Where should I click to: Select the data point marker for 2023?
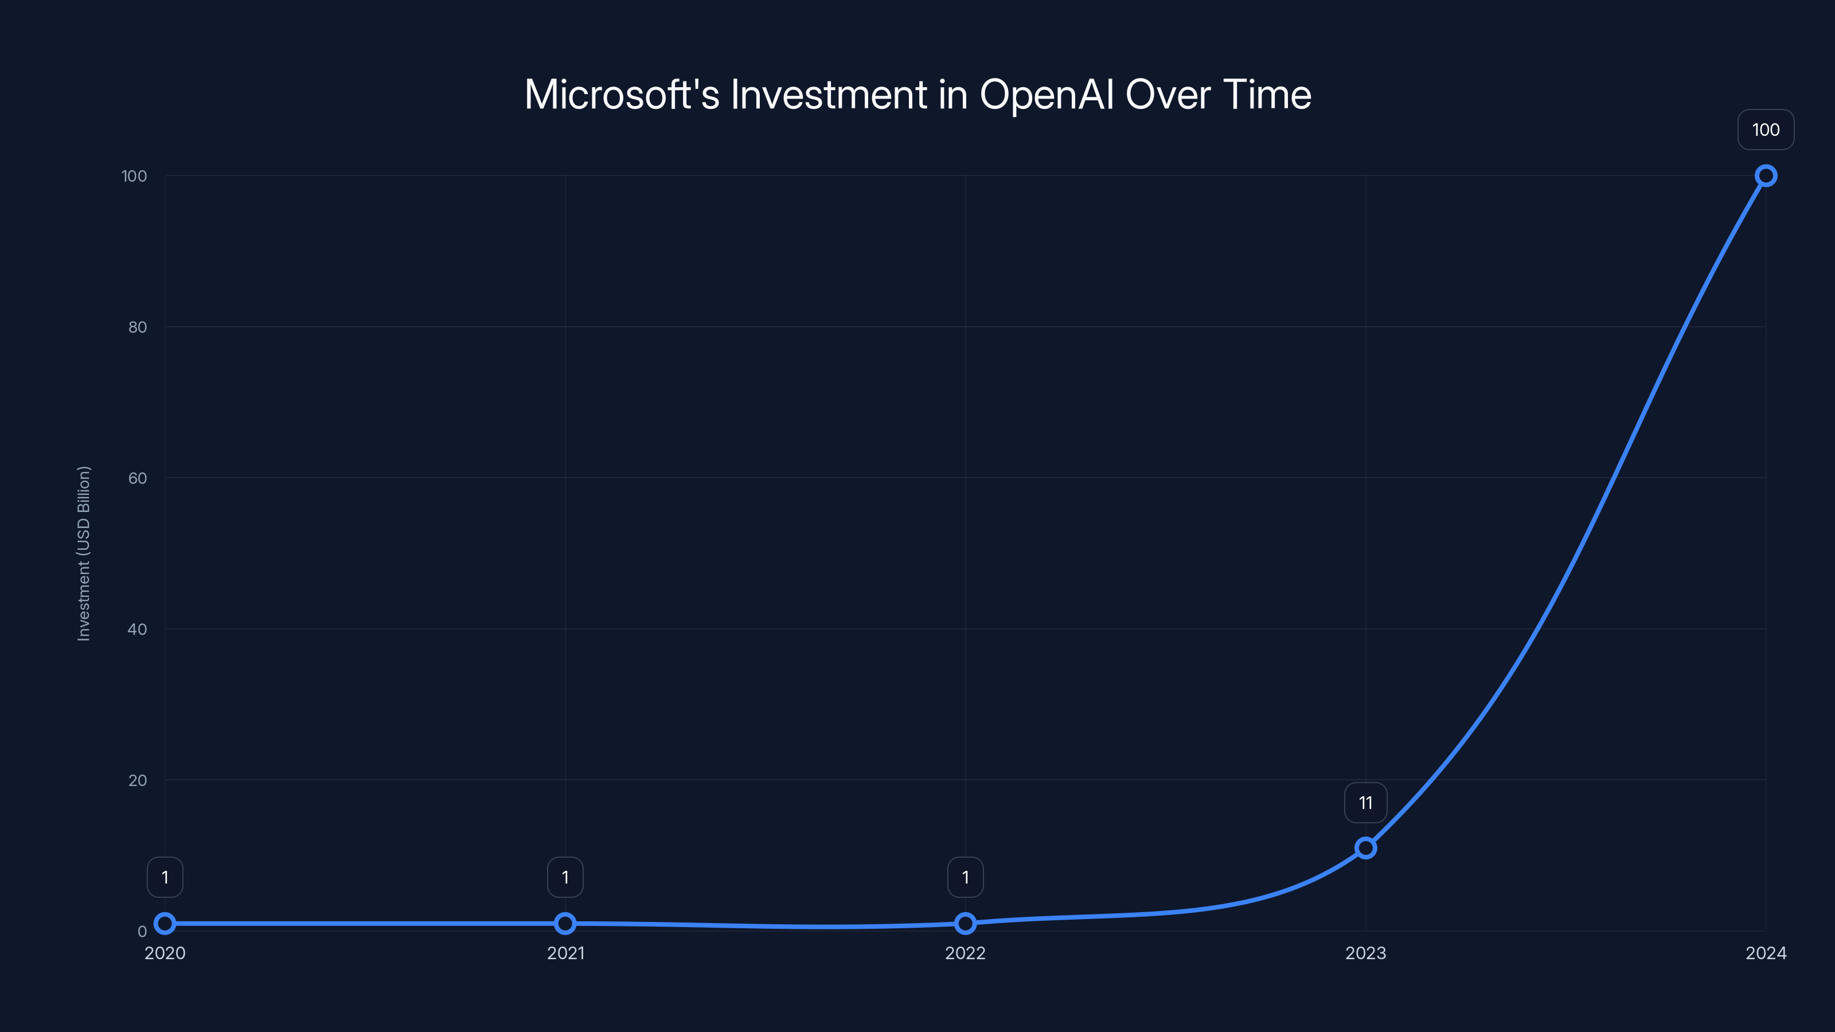(1365, 847)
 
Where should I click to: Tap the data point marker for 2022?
(965, 924)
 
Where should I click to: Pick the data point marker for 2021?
(565, 924)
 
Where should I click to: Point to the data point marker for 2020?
(165, 924)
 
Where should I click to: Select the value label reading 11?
(1365, 803)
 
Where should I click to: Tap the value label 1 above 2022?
(965, 877)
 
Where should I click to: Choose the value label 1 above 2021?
(565, 877)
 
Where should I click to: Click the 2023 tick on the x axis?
(1365, 953)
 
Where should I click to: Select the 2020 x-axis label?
(165, 953)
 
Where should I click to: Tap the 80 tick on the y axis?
(138, 327)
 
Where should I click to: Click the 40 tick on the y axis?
(138, 629)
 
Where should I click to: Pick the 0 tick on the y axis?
(142, 931)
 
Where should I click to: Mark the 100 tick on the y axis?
(134, 176)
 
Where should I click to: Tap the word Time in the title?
(1267, 94)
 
